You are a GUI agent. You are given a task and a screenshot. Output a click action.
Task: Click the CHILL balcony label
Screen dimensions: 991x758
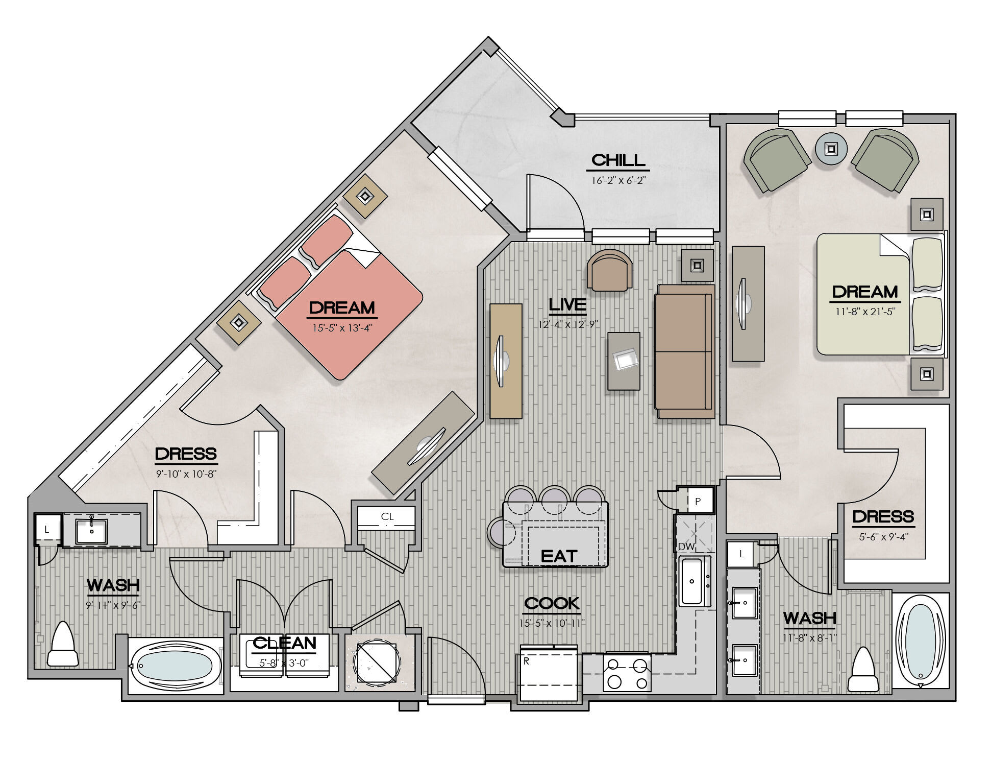(x=618, y=160)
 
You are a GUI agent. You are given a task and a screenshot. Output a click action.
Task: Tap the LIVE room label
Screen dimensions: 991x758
(x=567, y=304)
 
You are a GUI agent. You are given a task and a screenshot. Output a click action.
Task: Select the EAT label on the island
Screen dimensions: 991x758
(x=559, y=556)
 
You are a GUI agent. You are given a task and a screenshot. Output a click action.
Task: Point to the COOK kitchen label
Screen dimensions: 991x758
(x=552, y=603)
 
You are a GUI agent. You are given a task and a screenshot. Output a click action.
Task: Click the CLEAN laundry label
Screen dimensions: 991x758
(x=284, y=643)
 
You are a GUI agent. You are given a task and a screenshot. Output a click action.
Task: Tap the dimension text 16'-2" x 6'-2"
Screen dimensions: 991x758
(x=618, y=180)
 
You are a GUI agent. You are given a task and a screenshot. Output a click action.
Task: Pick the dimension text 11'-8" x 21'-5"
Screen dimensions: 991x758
(x=865, y=311)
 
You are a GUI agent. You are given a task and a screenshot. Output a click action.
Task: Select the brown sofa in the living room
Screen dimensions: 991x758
(x=685, y=351)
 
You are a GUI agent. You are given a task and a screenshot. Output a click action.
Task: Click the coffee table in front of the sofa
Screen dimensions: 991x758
(x=624, y=361)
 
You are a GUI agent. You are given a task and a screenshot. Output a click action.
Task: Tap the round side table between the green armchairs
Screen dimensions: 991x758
(x=831, y=149)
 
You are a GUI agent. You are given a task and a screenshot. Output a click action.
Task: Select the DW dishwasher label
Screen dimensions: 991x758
(x=686, y=547)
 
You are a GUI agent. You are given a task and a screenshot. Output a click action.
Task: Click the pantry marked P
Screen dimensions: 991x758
(x=697, y=501)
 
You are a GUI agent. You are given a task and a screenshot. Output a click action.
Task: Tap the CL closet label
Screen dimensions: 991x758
(x=387, y=516)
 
